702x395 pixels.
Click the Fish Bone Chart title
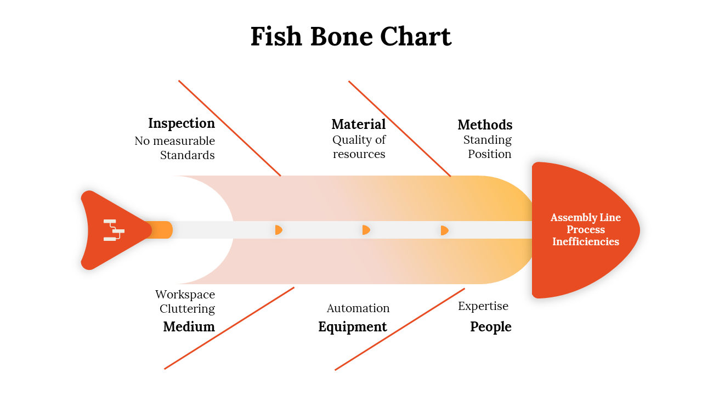click(351, 37)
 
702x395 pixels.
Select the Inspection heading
click(182, 123)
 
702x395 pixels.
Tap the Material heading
click(359, 124)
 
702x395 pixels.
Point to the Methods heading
click(485, 125)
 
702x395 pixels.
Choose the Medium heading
click(189, 326)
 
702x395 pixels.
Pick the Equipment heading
click(353, 326)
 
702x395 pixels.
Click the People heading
click(490, 326)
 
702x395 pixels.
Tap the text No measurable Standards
click(175, 148)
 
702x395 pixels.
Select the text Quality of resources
click(359, 147)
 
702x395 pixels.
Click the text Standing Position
click(488, 147)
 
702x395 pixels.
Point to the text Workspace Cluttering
click(185, 302)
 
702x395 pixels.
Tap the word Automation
click(358, 308)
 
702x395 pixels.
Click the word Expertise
click(483, 306)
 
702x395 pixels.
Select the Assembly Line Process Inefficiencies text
click(586, 229)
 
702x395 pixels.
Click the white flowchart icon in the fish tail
click(114, 230)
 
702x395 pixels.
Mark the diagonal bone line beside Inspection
click(230, 128)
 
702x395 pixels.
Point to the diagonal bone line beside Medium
click(229, 328)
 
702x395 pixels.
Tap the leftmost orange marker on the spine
click(279, 230)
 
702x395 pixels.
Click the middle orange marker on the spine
click(366, 230)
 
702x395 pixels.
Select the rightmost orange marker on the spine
click(444, 230)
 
